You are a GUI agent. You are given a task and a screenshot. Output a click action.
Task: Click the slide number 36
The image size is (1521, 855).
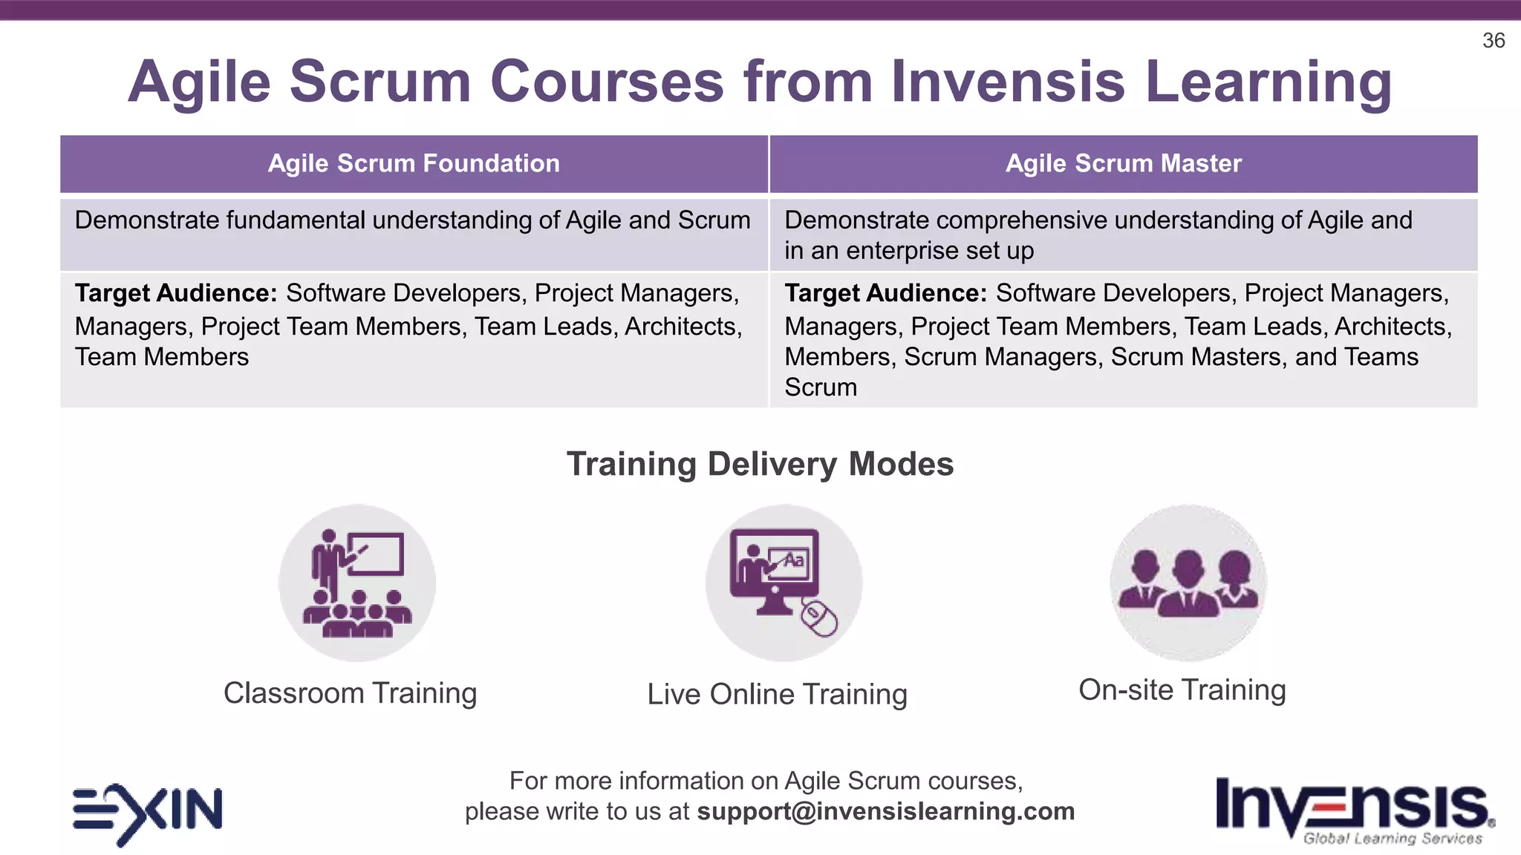tap(1493, 41)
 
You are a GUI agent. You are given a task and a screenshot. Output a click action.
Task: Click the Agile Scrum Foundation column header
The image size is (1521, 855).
tap(414, 164)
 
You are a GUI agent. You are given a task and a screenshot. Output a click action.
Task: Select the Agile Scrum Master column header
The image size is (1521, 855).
tap(1123, 164)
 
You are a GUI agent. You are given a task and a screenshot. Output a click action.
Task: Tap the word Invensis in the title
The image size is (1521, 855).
tap(1008, 82)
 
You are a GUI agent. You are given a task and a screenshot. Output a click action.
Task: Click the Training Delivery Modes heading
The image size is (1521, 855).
tap(760, 465)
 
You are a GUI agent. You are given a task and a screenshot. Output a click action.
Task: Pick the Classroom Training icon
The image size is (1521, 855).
tap(357, 583)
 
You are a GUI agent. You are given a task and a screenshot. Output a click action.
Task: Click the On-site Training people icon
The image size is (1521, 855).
tap(1188, 583)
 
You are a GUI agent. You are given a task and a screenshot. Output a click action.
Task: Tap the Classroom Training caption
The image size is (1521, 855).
tap(350, 693)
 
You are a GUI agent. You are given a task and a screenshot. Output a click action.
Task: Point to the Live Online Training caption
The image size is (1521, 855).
tap(777, 695)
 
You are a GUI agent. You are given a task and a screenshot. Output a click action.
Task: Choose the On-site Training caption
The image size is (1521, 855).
tap(1182, 690)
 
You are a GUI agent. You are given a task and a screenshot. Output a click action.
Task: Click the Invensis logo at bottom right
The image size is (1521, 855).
tap(1353, 805)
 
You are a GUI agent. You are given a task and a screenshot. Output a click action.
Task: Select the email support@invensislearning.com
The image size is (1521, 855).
tap(885, 811)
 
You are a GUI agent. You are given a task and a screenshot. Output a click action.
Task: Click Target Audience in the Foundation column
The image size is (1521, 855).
tap(176, 294)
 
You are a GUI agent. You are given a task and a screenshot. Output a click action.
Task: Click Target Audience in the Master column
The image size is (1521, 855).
tap(885, 294)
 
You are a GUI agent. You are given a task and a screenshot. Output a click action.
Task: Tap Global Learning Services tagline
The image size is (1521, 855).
tap(1393, 839)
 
